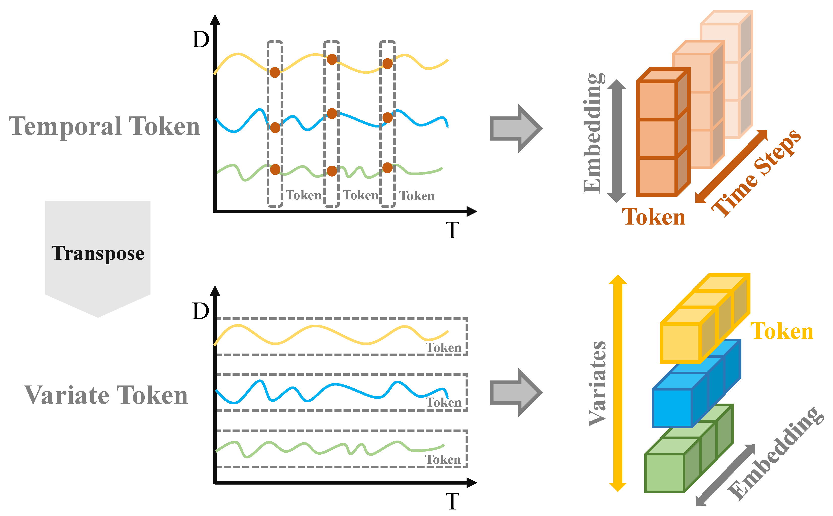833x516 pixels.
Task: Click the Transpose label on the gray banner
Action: [x=98, y=253]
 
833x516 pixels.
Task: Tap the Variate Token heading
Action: [x=106, y=395]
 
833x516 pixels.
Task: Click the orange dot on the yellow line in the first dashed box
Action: [x=275, y=72]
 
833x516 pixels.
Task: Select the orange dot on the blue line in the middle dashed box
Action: [x=332, y=114]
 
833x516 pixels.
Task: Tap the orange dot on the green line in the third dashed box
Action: [x=387, y=168]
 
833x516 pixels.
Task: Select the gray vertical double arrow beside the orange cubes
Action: [x=617, y=141]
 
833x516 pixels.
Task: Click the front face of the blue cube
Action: [x=671, y=408]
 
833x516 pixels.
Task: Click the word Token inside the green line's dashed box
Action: [x=443, y=460]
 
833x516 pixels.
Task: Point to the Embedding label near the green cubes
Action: [x=775, y=454]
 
